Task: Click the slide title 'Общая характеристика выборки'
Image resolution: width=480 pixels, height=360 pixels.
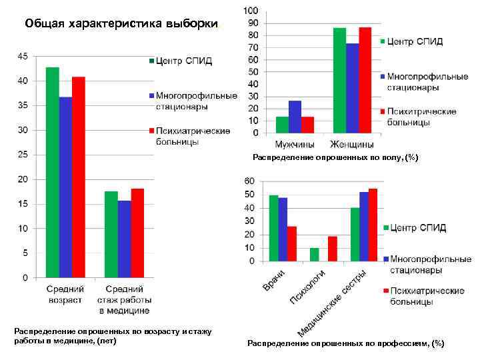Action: click(121, 25)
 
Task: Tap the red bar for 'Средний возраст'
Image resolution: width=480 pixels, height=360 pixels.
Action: click(79, 177)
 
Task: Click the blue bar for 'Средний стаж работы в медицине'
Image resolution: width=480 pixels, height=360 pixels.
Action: click(124, 239)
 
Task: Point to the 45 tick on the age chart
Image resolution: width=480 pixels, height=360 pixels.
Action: click(22, 57)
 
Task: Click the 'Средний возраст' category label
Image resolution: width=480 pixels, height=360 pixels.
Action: click(65, 294)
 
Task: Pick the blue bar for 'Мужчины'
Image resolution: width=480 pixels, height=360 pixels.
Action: click(295, 117)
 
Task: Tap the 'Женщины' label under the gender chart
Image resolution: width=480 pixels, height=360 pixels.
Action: click(352, 144)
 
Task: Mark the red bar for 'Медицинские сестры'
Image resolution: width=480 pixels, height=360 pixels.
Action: click(373, 225)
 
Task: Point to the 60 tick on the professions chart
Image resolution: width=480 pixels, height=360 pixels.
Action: click(249, 181)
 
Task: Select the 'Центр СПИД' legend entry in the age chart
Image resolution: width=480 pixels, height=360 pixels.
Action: click(183, 61)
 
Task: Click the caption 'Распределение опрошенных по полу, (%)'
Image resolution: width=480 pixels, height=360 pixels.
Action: click(335, 157)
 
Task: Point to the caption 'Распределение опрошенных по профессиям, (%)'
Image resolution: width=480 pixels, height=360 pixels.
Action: click(345, 343)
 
